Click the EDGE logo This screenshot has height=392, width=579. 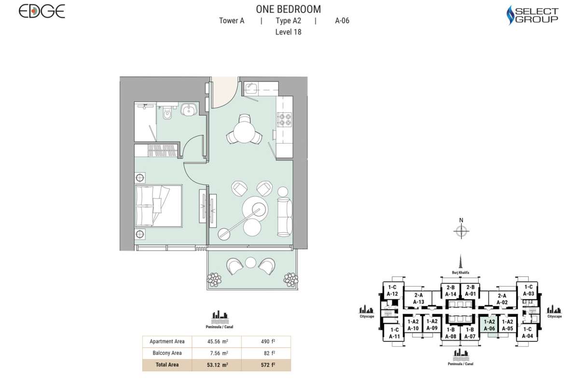click(41, 12)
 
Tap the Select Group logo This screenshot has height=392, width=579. click(532, 15)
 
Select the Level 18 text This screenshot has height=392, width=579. click(288, 32)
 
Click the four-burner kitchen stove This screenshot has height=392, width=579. click(283, 119)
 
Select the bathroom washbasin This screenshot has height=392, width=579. click(188, 110)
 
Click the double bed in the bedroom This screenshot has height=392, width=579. click(158, 205)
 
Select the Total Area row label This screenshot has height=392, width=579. click(167, 365)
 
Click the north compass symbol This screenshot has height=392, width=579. click(461, 232)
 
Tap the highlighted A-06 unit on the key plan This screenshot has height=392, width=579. click(490, 325)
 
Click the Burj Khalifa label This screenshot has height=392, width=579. click(461, 272)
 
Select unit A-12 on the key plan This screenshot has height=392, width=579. click(392, 291)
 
